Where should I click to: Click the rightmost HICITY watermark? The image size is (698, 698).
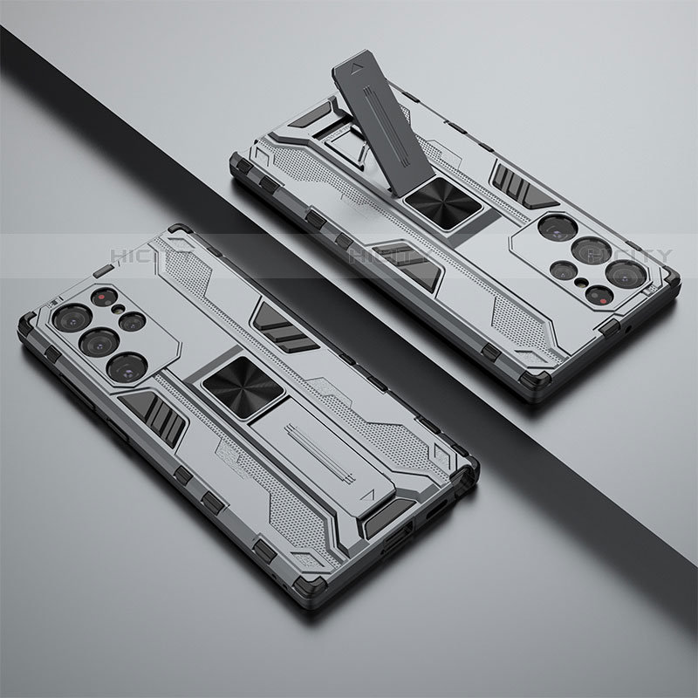(x=628, y=255)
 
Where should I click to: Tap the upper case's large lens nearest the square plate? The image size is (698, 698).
(x=551, y=229)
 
